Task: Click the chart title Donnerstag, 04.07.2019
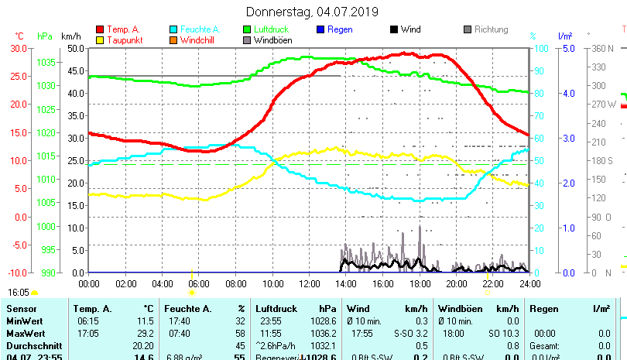[x=312, y=12]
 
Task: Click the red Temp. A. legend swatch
[x=100, y=29]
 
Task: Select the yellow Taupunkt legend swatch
[x=100, y=39]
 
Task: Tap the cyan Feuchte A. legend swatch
[x=174, y=29]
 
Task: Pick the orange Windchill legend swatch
[x=174, y=39]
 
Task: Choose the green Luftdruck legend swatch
[x=248, y=29]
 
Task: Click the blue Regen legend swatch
[x=321, y=29]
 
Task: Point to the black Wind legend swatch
[x=394, y=29]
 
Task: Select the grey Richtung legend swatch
[x=468, y=29]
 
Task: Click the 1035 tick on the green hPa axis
[x=46, y=62]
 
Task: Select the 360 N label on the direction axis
[x=602, y=48]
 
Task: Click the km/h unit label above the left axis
[x=70, y=36]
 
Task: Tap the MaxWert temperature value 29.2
[x=145, y=333]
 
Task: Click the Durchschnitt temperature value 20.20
[x=143, y=345]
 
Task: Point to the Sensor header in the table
[x=21, y=309]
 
